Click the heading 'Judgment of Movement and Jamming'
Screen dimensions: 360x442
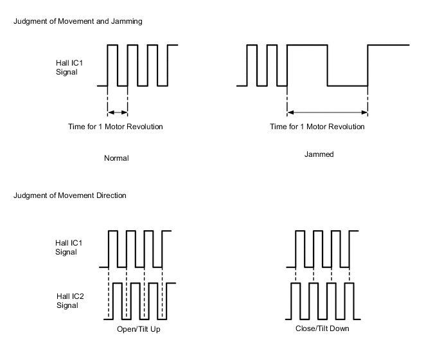(x=77, y=21)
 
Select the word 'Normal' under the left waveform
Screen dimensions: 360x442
(x=116, y=158)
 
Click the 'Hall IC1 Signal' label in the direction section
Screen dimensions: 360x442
(x=68, y=248)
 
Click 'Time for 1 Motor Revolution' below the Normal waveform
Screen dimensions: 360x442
(x=116, y=127)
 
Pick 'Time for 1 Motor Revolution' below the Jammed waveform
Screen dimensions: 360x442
(x=317, y=127)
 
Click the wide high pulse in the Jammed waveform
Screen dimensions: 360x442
(x=307, y=46)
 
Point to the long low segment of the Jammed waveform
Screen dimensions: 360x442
(x=348, y=85)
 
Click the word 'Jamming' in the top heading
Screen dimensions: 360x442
(x=128, y=21)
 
